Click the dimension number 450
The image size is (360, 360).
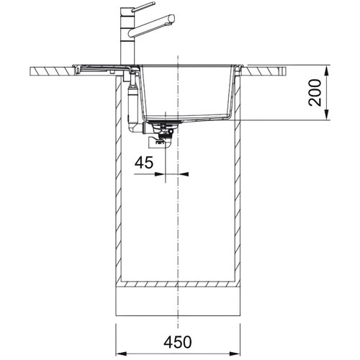[x=178, y=342]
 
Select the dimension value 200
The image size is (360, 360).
[x=315, y=93]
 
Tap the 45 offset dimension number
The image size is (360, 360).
[x=144, y=163]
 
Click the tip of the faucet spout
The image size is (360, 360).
[x=172, y=19]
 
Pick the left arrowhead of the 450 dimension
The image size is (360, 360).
[x=121, y=354]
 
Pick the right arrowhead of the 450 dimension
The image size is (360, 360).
[x=235, y=354]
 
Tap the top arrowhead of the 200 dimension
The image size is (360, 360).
[x=327, y=71]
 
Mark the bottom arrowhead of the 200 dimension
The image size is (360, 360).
[x=327, y=114]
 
